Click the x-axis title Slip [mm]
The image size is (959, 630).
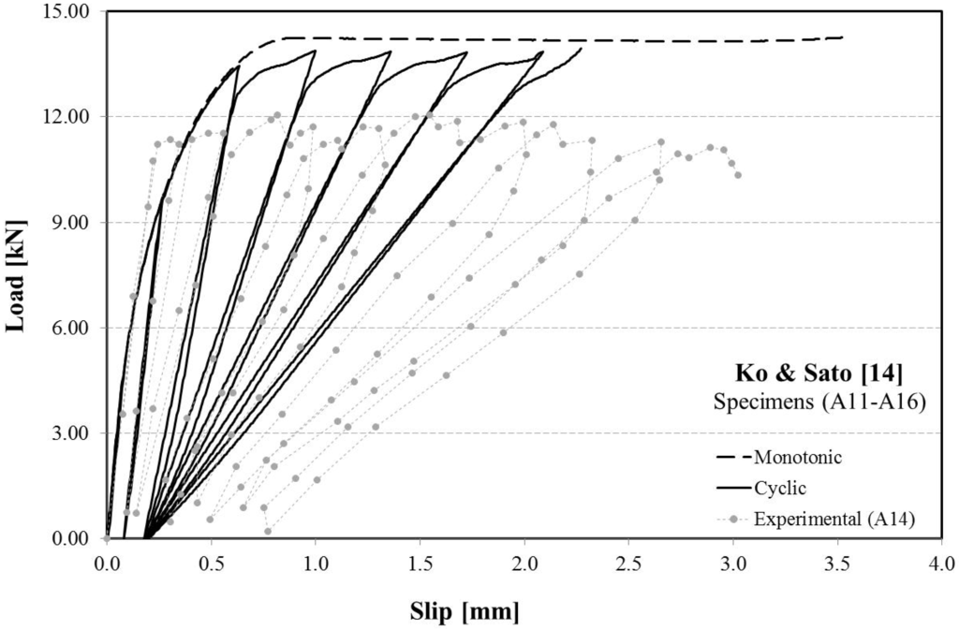[x=464, y=611]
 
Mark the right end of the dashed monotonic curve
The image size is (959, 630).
[x=842, y=37]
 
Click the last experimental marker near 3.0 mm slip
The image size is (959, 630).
[x=738, y=175]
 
